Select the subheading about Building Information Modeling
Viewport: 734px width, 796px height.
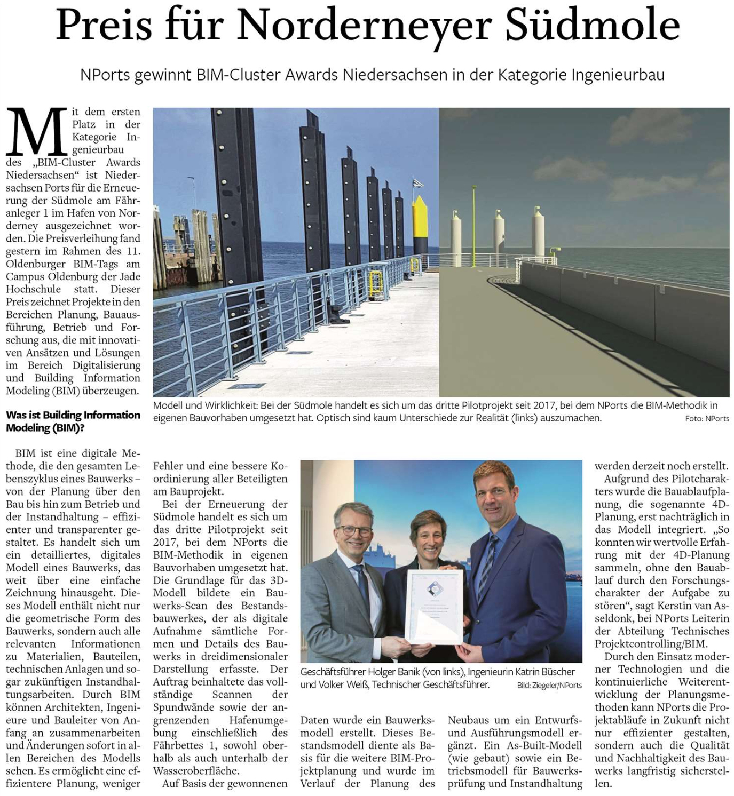coord(73,421)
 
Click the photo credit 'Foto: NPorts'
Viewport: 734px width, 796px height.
coord(707,419)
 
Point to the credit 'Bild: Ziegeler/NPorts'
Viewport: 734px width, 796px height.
coord(549,685)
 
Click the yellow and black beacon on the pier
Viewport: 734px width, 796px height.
coord(420,224)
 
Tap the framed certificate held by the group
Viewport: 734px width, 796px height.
coord(433,606)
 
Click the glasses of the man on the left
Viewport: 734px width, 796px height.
coord(354,530)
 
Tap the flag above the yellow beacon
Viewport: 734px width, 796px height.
coord(419,183)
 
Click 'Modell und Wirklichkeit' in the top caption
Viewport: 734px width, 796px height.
coord(205,406)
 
